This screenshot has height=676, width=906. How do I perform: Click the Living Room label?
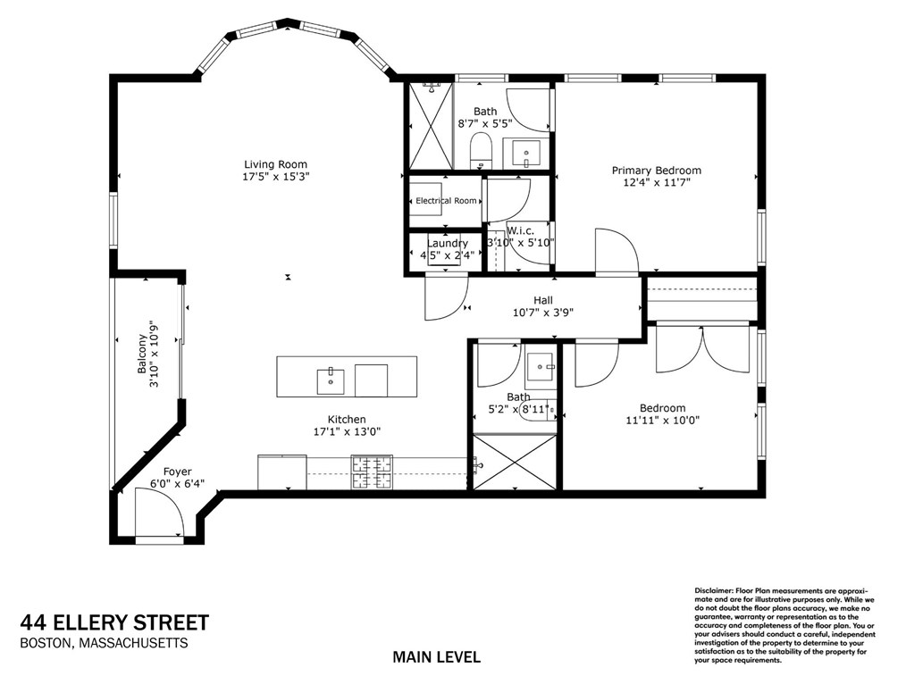275,164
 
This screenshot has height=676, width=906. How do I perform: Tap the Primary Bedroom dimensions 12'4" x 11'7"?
656,183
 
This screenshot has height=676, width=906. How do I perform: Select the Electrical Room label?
446,201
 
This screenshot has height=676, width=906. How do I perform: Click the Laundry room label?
447,244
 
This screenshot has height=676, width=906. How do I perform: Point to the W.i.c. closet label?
521,230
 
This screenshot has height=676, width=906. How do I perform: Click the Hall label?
543,301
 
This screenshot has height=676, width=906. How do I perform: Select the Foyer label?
177,472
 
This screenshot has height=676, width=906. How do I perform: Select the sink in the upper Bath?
527,154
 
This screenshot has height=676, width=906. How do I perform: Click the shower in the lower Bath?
514,462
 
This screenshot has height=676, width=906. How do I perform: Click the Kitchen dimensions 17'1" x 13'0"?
347,431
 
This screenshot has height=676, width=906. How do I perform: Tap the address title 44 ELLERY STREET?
114,622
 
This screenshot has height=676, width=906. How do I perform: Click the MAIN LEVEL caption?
436,657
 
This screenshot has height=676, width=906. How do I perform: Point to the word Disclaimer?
713,591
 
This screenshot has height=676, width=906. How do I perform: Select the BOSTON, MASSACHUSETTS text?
104,643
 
